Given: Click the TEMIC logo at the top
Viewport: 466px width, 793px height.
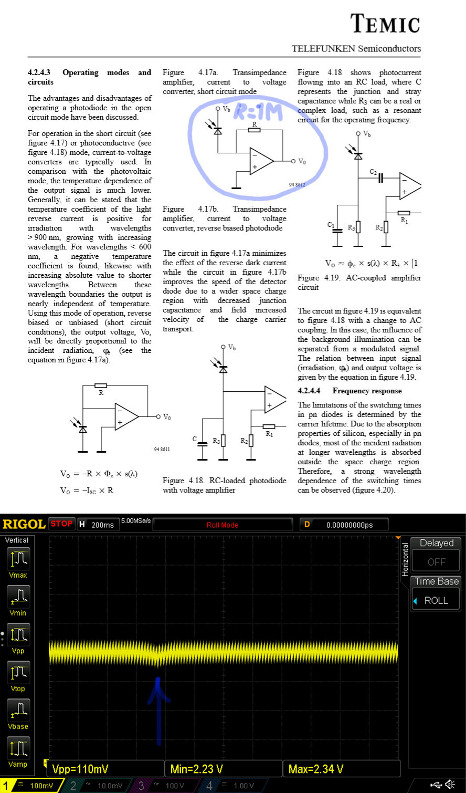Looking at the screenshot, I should pyautogui.click(x=385, y=24).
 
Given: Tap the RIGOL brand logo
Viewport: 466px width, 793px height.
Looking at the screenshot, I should pyautogui.click(x=24, y=524).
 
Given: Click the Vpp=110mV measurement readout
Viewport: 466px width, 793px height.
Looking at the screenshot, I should pyautogui.click(x=80, y=769).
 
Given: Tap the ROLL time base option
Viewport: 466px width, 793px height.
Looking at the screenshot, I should pyautogui.click(x=436, y=600).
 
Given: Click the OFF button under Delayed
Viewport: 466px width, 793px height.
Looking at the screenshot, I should pyautogui.click(x=436, y=561).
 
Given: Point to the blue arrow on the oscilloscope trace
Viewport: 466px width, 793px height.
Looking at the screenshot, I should pyautogui.click(x=158, y=709).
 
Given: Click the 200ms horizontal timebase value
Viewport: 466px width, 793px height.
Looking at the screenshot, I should pyautogui.click(x=102, y=525).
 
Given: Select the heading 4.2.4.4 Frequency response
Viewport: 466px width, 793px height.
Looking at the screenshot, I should pyautogui.click(x=349, y=391).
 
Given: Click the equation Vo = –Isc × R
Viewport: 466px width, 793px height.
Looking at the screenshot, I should pyautogui.click(x=87, y=491).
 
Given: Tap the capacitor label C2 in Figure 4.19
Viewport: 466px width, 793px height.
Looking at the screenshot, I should pyautogui.click(x=373, y=172).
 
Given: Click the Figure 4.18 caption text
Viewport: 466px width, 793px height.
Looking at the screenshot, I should pyautogui.click(x=224, y=485).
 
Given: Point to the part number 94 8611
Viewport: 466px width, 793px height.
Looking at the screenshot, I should pyautogui.click(x=162, y=450).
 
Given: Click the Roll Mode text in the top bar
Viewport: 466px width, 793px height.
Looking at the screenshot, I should pyautogui.click(x=223, y=525).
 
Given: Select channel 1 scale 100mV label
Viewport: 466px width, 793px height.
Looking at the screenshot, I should pyautogui.click(x=41, y=786).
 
